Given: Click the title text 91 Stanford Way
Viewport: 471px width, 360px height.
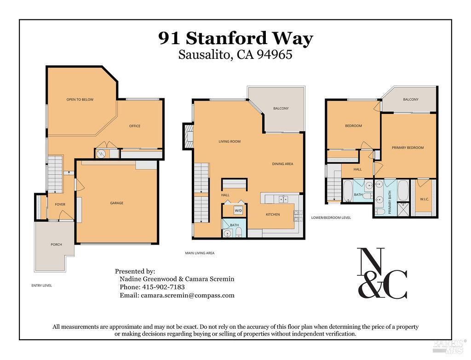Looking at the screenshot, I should click(235, 38).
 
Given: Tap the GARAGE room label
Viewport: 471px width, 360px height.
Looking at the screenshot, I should click(116, 203).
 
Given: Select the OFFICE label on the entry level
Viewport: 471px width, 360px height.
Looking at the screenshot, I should click(135, 126).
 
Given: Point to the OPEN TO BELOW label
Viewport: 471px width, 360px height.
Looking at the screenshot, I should click(80, 99).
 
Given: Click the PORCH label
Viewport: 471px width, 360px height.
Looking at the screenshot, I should click(56, 245).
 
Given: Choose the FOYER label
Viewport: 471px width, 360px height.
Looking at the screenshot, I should click(60, 205).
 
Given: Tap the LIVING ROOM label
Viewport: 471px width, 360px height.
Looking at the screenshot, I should click(230, 142).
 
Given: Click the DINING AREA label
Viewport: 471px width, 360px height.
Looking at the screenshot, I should click(282, 164).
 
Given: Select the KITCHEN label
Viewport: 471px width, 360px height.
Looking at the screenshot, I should click(273, 215).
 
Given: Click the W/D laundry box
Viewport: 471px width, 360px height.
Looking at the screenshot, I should click(238, 211).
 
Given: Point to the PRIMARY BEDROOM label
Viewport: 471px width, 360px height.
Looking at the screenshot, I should click(408, 148).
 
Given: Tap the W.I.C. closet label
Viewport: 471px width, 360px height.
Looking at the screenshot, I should click(424, 199).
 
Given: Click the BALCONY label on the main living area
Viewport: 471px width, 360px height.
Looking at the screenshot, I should click(281, 109).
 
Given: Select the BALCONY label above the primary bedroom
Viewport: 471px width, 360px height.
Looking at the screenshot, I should click(411, 99).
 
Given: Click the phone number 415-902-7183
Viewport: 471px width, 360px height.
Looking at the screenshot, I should click(162, 287).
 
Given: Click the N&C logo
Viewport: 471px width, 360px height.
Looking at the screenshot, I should click(382, 274).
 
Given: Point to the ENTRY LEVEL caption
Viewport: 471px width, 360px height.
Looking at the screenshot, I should click(41, 286).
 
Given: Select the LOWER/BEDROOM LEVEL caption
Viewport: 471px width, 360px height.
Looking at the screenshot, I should click(331, 217).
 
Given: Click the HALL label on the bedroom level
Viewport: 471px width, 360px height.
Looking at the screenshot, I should click(357, 169).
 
